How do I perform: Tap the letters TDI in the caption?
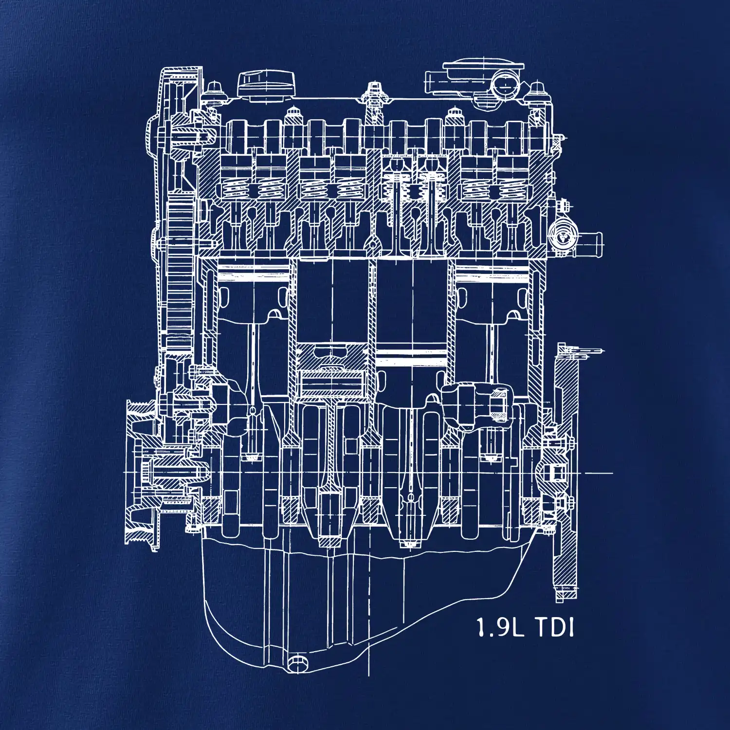pos(555,627)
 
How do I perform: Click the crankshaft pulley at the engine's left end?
pos(141,472)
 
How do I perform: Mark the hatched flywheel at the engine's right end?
pos(566,472)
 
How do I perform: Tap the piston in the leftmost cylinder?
pos(253,292)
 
